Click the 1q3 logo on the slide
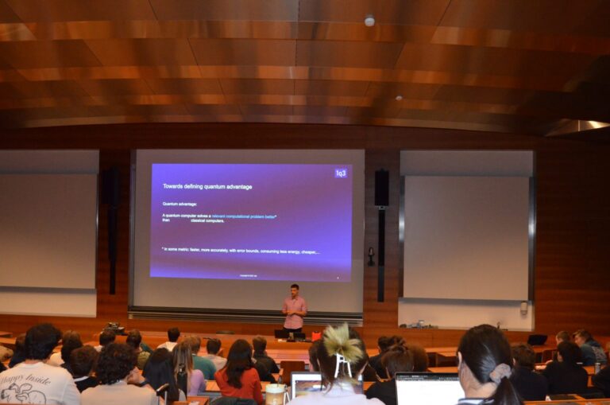point(341,173)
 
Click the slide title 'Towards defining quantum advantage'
point(207,186)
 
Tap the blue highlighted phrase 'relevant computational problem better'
point(243,216)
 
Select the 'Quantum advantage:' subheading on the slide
point(180,204)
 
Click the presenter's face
point(295,290)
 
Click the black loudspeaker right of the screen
point(382,189)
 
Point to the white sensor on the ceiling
point(369,21)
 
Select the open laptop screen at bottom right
point(428,390)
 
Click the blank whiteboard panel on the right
point(465,238)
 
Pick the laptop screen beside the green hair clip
point(306,385)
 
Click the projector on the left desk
point(114,326)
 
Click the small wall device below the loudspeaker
point(371,255)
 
